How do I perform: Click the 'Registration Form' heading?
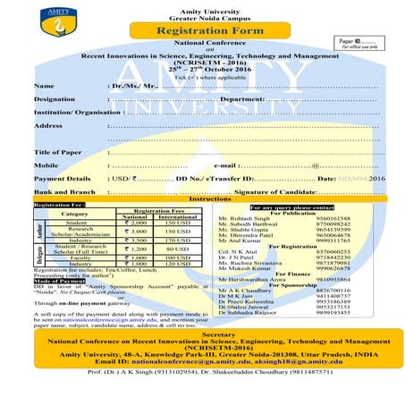coord(201,30)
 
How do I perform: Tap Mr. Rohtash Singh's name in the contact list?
coord(241,218)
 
